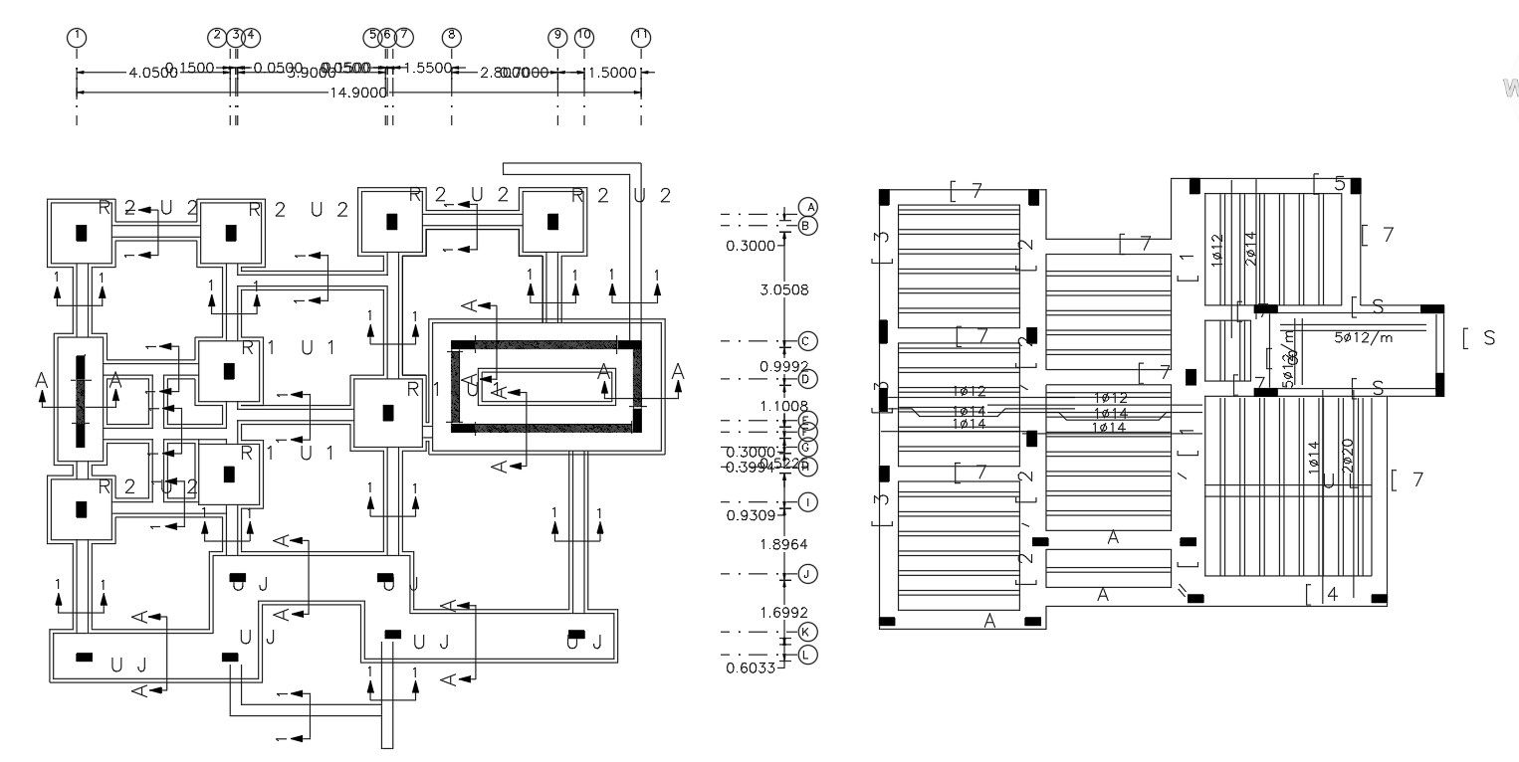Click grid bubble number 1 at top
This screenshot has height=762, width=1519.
click(77, 37)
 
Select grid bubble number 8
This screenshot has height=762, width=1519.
click(451, 37)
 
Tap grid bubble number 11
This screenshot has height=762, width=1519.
click(641, 37)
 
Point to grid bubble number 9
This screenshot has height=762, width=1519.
click(557, 37)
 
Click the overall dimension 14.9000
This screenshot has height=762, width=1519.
click(358, 93)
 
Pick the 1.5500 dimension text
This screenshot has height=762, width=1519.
click(428, 69)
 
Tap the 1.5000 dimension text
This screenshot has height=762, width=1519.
click(612, 73)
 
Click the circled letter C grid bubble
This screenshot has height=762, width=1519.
click(807, 341)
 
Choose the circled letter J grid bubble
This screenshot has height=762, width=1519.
click(807, 574)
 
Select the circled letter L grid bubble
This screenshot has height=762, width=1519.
click(807, 654)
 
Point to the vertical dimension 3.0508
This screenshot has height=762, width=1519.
click(784, 291)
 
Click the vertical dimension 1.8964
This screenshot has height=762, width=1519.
click(784, 544)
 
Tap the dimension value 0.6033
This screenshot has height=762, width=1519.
click(752, 667)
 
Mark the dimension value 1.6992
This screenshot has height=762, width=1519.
click(784, 612)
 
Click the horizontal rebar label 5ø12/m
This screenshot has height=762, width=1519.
click(1363, 337)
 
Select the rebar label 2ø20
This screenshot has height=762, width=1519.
click(1348, 457)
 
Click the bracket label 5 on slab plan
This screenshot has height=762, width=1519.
click(1339, 184)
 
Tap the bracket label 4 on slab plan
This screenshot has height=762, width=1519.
click(1332, 595)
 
